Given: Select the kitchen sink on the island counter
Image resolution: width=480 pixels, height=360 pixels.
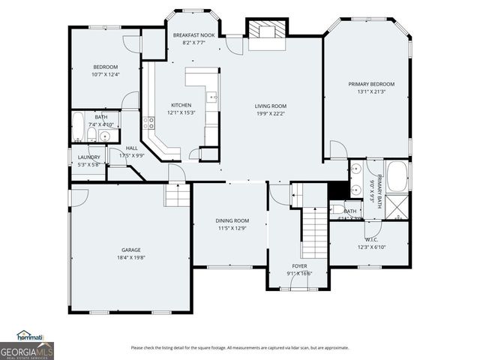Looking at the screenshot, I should click(213, 97).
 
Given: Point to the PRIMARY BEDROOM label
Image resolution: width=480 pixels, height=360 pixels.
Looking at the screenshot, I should click(370, 84).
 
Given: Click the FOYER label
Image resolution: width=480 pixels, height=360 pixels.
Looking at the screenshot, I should click(299, 265).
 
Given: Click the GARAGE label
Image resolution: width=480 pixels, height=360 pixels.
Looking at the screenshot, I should click(131, 250).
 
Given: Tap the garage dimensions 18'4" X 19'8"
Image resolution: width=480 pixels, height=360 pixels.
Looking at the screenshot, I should click(131, 257).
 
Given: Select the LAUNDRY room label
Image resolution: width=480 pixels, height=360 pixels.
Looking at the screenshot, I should click(88, 157).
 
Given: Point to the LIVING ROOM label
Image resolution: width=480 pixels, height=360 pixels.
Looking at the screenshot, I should click(271, 106).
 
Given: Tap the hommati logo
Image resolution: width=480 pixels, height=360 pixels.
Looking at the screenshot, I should click(30, 336).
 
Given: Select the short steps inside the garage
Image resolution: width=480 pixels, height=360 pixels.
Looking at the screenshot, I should click(177, 196).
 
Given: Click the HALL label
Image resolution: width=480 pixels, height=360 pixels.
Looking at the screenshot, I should click(131, 148).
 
